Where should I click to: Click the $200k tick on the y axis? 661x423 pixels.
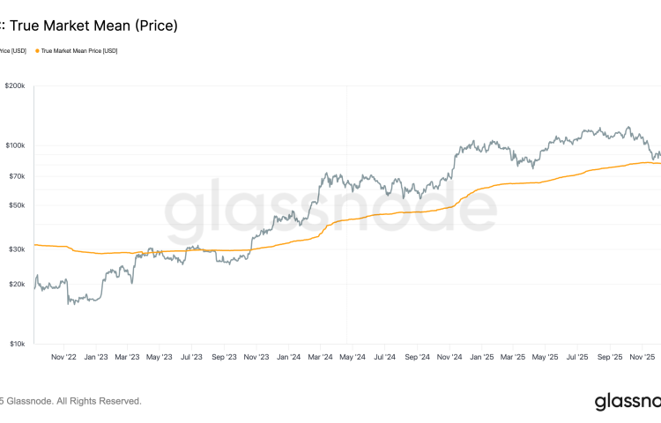click(x=15, y=86)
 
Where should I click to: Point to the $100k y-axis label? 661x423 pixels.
click(x=15, y=145)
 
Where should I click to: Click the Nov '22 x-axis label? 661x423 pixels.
click(x=64, y=358)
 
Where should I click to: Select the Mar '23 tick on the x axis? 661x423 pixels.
click(x=128, y=358)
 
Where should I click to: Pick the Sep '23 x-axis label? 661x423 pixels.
click(x=225, y=358)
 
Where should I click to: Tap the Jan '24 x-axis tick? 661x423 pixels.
click(x=288, y=358)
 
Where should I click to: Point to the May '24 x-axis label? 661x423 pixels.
click(x=353, y=358)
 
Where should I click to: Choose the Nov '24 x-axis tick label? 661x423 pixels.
click(x=449, y=358)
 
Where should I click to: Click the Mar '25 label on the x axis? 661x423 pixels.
click(x=513, y=358)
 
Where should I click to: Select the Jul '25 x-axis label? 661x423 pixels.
click(x=577, y=358)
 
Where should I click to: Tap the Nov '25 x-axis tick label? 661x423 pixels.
click(x=641, y=358)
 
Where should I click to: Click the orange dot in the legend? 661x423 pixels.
click(x=37, y=51)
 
